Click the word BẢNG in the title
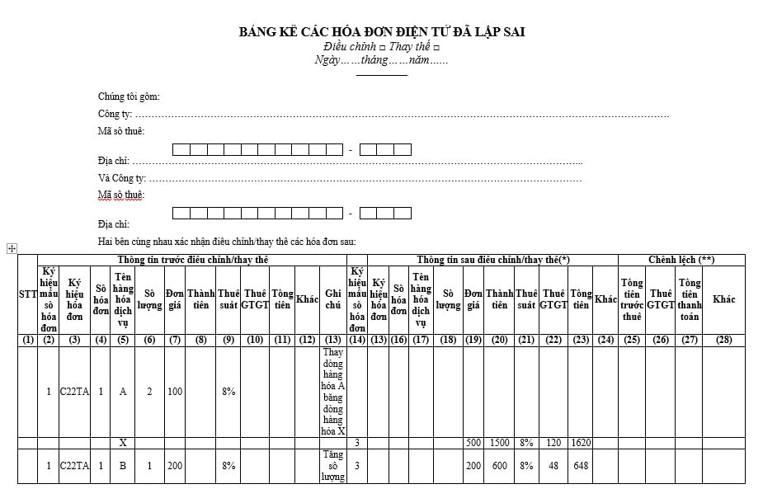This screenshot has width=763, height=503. (x=257, y=32)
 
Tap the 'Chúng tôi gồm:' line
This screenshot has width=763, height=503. (x=129, y=96)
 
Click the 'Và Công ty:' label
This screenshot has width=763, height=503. (x=122, y=178)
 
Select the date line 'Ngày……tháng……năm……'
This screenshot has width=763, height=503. (x=381, y=60)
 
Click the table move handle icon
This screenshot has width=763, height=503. (x=12, y=248)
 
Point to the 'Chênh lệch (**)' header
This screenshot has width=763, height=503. (x=681, y=260)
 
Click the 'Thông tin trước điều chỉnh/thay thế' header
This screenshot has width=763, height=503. (x=192, y=260)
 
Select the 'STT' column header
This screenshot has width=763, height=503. (x=28, y=294)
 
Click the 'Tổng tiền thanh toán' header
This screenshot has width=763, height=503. (x=689, y=299)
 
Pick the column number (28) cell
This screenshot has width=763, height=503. (x=723, y=340)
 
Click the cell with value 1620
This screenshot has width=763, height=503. (x=580, y=443)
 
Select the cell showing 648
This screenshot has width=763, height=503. (x=580, y=466)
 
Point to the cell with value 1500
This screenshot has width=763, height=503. (x=499, y=443)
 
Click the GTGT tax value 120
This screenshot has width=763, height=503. (x=553, y=443)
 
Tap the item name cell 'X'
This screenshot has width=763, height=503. (x=123, y=443)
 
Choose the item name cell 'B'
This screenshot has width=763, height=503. (x=123, y=466)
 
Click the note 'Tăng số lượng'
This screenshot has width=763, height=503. (x=332, y=466)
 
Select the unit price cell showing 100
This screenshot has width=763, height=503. (x=175, y=392)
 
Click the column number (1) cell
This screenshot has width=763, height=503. (x=28, y=340)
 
